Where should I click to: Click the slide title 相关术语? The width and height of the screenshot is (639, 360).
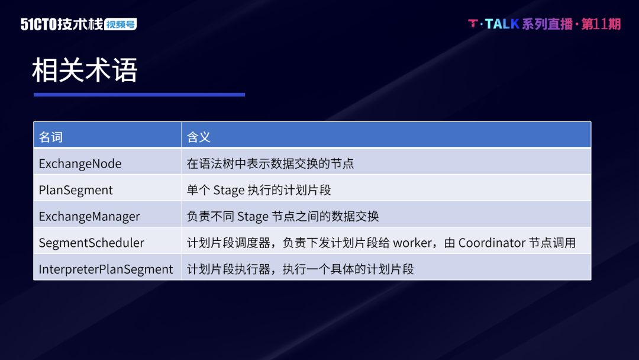tap(85, 70)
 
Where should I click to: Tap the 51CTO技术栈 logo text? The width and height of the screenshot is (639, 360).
tap(62, 24)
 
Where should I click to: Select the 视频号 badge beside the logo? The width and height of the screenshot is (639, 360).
tap(121, 24)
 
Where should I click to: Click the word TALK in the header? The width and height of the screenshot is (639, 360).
tap(502, 24)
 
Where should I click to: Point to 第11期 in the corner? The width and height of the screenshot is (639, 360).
tap(601, 24)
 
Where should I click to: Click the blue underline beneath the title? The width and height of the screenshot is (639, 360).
tap(140, 95)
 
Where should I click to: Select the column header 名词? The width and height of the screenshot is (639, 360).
tap(50, 137)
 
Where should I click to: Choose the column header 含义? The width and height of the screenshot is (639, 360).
tap(198, 137)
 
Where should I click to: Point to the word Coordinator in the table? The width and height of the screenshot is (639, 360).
tap(492, 243)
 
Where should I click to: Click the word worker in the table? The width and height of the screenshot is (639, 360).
tap(412, 243)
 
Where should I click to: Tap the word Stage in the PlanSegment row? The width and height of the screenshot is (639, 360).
tap(228, 190)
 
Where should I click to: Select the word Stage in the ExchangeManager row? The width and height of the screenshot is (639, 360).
tap(253, 217)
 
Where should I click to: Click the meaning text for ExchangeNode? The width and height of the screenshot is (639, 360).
tap(270, 163)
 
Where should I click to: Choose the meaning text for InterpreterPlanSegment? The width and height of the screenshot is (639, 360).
tap(300, 269)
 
